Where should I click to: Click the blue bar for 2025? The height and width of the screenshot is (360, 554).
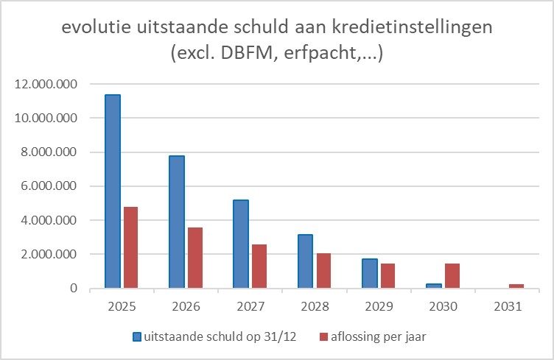click(x=113, y=191)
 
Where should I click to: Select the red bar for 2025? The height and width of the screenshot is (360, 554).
click(x=130, y=247)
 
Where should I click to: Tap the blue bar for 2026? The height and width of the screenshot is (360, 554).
click(x=177, y=222)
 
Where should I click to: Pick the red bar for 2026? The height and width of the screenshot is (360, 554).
click(x=194, y=258)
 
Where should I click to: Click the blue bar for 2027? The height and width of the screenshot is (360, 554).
click(x=241, y=244)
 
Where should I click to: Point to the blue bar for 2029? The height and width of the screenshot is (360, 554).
click(x=369, y=273)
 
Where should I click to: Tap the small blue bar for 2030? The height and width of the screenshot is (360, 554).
click(x=433, y=286)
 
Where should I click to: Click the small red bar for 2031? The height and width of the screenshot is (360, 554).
click(x=515, y=286)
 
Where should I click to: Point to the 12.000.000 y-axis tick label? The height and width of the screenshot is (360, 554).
click(x=46, y=84)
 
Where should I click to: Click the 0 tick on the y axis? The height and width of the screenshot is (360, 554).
click(x=74, y=289)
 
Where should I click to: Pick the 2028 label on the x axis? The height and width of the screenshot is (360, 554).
click(x=313, y=305)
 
